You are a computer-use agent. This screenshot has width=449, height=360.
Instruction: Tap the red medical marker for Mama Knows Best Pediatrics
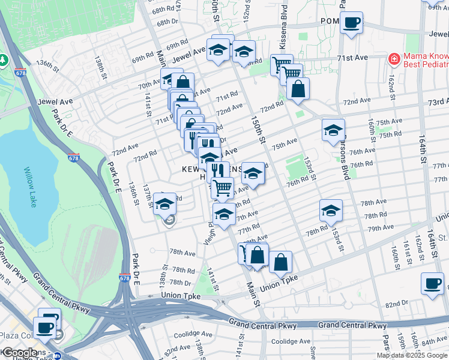(x=394, y=59)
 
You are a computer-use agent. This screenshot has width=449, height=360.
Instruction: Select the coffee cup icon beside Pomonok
(x=352, y=23)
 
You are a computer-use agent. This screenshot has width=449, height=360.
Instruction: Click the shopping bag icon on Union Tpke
(x=280, y=262)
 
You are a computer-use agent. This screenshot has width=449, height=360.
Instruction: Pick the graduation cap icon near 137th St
(x=164, y=205)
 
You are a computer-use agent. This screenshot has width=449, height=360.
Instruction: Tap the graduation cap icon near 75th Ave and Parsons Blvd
(x=333, y=130)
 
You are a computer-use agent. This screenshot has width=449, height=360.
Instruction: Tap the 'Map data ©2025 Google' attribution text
(x=412, y=355)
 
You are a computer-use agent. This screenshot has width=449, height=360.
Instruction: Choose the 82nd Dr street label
(x=397, y=304)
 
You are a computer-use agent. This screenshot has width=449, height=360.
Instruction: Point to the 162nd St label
(x=391, y=88)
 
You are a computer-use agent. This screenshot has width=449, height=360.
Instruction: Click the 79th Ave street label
(x=381, y=229)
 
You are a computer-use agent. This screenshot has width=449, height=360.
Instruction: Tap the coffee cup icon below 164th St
(x=432, y=284)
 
